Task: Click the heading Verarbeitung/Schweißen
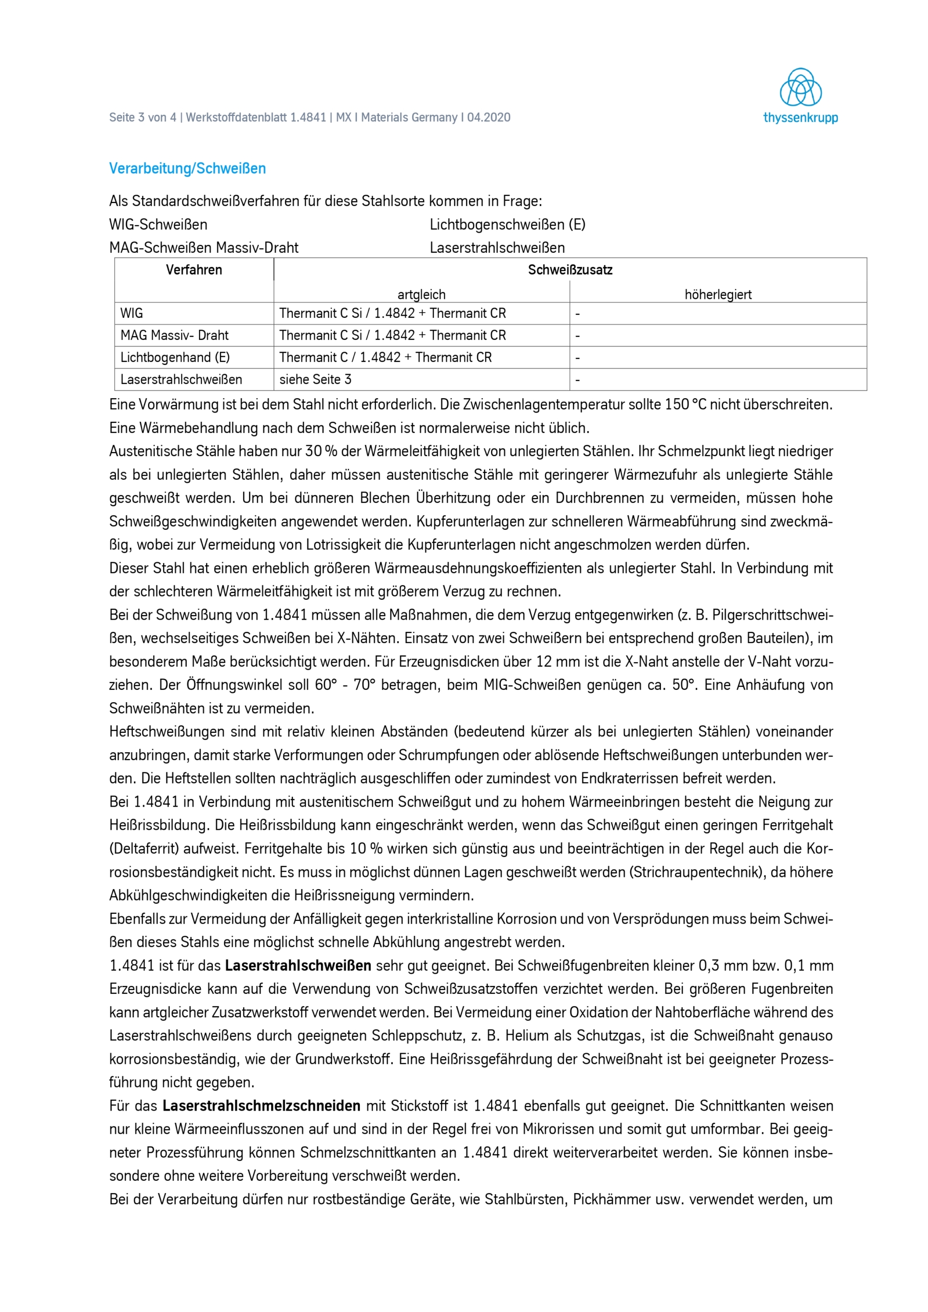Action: pos(188,169)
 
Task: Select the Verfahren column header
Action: pos(194,270)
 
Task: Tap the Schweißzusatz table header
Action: pos(570,270)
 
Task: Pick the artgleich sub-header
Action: pos(421,294)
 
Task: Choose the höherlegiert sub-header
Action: pos(718,294)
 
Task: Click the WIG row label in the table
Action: pos(132,313)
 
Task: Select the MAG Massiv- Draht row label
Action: pos(174,335)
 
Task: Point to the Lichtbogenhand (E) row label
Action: pos(174,357)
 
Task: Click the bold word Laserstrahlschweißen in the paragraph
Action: pos(298,966)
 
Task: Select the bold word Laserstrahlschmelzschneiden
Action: pos(261,1105)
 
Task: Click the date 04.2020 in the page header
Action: pos(489,118)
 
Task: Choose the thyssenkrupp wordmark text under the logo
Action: pos(800,118)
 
